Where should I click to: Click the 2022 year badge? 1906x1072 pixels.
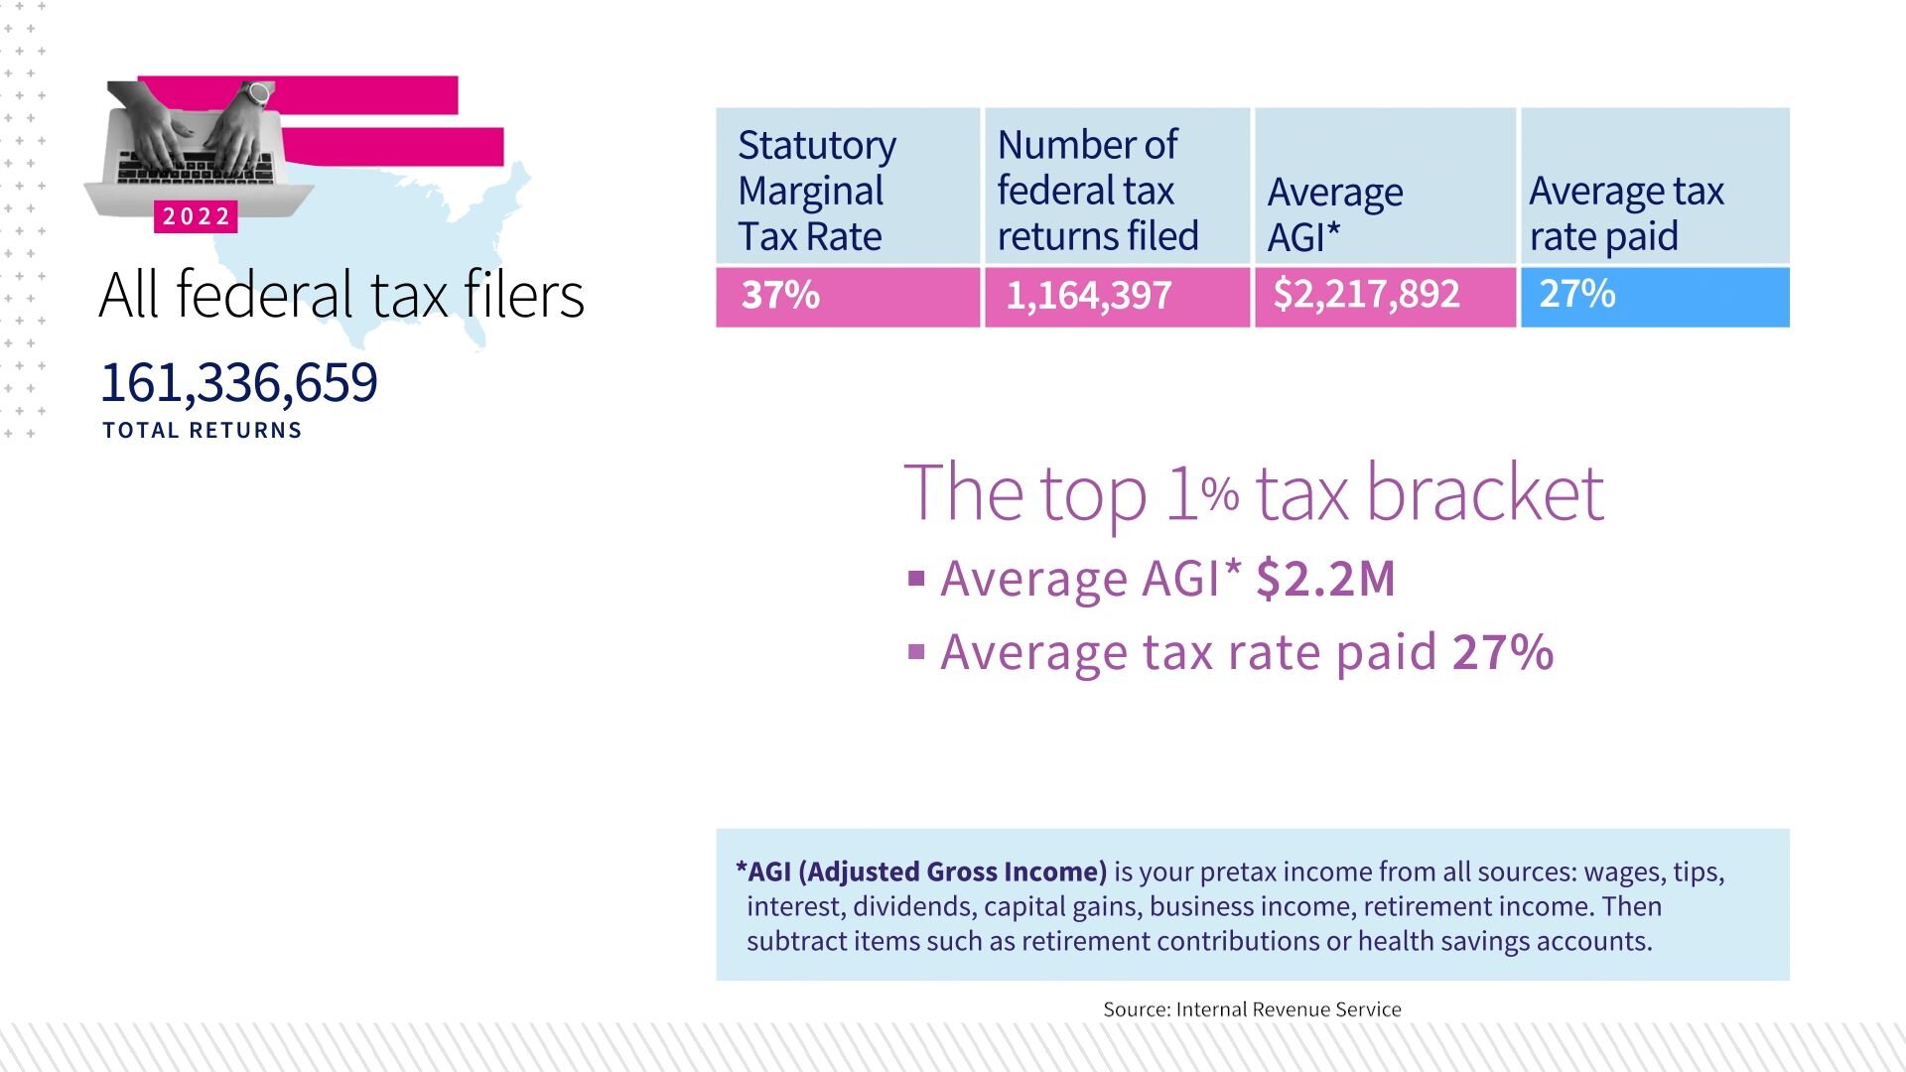[196, 216]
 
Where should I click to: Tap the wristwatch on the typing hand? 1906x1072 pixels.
[258, 94]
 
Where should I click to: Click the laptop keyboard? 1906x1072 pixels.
[196, 167]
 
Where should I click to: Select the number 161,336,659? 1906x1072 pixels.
[239, 382]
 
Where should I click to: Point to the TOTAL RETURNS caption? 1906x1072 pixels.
[203, 431]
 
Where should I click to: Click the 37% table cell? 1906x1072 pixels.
[848, 297]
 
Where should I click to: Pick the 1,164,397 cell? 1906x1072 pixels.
[1117, 297]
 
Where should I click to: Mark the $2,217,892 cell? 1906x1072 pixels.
[1385, 297]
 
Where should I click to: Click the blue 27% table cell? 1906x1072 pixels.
[1655, 297]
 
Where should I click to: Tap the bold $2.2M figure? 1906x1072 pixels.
[1325, 579]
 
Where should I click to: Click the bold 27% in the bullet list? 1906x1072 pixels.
[1503, 652]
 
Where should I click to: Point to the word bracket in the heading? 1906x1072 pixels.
[1485, 492]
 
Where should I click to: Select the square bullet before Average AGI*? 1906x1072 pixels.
[916, 579]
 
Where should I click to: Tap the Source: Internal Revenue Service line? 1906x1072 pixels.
[1252, 1009]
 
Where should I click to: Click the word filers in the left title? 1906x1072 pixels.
[524, 295]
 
